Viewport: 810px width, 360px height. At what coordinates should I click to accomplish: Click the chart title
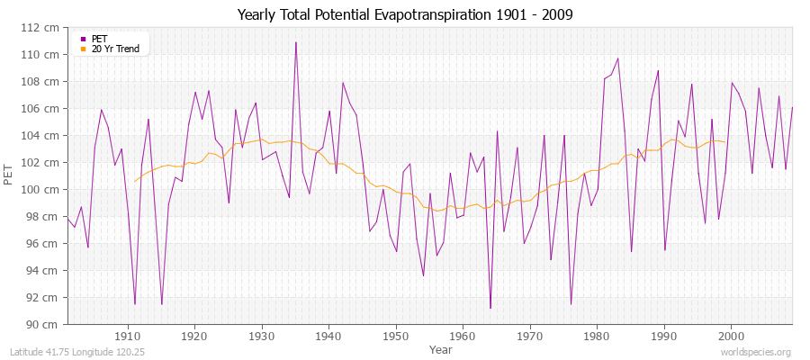point(405,15)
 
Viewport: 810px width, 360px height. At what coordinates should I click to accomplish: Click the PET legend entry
point(99,39)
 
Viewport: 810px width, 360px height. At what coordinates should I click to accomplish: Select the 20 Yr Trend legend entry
point(115,49)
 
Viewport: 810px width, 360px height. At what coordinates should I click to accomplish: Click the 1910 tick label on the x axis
point(128,336)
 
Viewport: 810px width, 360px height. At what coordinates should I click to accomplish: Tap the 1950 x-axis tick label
point(395,336)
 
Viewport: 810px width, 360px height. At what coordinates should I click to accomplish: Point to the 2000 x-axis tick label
point(730,336)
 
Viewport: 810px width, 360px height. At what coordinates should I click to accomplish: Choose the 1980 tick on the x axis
point(596,336)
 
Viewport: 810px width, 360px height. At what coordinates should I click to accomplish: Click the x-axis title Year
point(441,348)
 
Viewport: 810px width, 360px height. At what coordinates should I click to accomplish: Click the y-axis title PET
point(10,175)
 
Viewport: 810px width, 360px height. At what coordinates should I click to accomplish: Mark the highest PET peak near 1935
point(295,42)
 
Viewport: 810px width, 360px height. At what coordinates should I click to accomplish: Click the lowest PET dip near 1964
point(490,308)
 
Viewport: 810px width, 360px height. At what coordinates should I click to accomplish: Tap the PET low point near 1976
point(571,304)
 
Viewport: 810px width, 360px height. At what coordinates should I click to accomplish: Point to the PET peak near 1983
point(617,58)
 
